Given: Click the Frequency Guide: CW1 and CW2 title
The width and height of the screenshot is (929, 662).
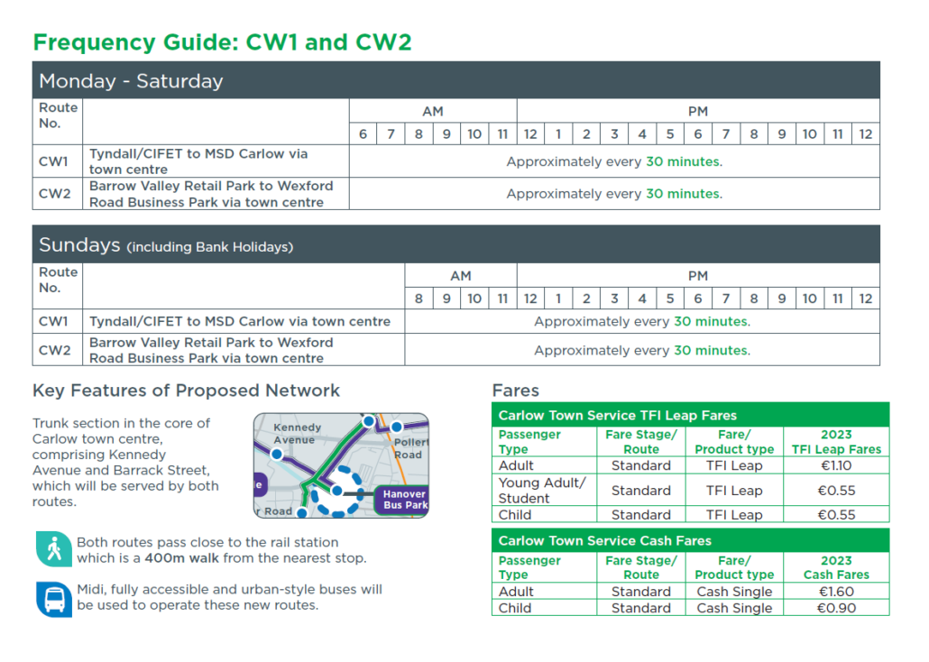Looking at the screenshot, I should point(222,41).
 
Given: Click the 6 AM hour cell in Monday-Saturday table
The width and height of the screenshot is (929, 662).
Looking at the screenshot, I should point(363,133).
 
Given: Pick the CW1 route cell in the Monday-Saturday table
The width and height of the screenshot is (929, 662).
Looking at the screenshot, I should point(53,161).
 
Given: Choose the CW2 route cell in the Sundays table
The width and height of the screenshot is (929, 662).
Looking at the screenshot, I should point(53,350).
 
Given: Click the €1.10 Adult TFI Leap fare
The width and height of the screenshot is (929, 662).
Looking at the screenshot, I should point(836,465).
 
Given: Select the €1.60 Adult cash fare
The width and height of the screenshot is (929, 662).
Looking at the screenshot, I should point(836,592).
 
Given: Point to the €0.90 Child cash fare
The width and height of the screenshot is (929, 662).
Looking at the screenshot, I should point(836,608).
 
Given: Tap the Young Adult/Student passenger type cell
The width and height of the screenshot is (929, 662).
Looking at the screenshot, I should point(542,490).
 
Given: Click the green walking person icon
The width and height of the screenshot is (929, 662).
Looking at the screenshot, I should point(54,549).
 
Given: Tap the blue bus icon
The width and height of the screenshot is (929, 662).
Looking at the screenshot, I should point(54,598).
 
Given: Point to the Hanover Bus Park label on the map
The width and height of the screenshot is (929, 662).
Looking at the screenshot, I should point(404,500).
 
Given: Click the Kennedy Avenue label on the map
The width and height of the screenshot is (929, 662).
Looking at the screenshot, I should point(297,433).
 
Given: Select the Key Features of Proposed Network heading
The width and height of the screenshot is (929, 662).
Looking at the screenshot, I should point(186,391).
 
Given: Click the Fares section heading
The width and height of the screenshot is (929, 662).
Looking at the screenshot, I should point(515,391).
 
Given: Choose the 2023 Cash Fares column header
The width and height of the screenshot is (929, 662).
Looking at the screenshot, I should point(836,567).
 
